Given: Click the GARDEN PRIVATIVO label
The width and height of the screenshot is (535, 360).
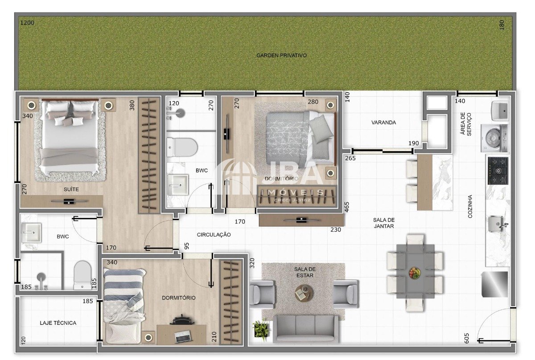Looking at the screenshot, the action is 281,55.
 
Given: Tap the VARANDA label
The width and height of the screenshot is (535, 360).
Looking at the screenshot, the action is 383,123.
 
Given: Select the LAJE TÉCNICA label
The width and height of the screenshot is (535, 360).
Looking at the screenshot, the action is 58,323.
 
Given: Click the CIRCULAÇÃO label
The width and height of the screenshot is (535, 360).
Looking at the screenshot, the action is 214,235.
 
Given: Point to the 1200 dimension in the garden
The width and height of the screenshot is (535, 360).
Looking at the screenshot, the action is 27,23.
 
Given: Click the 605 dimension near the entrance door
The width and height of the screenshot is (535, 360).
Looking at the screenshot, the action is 466,338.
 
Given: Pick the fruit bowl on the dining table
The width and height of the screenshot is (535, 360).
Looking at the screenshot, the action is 415,273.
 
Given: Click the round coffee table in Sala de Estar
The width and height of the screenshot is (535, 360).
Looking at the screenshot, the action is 304,293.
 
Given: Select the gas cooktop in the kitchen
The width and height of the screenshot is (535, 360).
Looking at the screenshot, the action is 498,171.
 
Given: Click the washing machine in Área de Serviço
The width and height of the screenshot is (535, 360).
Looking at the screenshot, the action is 494,138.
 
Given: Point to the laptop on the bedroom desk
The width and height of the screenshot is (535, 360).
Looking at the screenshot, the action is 183,336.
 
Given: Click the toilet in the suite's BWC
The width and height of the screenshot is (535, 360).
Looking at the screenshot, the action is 82,275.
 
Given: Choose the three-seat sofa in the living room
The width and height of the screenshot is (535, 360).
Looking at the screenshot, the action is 306,329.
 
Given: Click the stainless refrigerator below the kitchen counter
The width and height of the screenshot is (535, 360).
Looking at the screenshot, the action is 494,284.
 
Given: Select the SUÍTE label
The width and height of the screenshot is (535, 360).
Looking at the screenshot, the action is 71,189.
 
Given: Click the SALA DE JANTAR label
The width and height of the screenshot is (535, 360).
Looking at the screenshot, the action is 384,223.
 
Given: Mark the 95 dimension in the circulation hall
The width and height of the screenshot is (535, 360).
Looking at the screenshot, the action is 186,246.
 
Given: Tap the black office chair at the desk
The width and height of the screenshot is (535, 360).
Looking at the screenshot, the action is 181,319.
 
